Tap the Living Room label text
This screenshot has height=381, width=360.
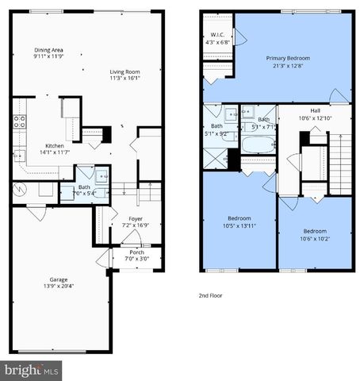pyautogui.click(x=124, y=75)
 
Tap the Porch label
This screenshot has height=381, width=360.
pyautogui.click(x=136, y=254)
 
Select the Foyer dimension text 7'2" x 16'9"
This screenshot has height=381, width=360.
pyautogui.click(x=135, y=225)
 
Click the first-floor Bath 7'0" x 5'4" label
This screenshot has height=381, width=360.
pyautogui.click(x=84, y=190)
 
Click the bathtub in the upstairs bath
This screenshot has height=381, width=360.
pyautogui.click(x=255, y=145)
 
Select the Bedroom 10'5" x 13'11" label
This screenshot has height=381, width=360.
pyautogui.click(x=239, y=222)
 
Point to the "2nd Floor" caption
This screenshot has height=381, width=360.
pyautogui.click(x=212, y=294)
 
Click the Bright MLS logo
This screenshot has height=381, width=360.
pyautogui.click(x=32, y=370)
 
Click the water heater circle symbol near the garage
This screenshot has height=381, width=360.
pyautogui.click(x=21, y=190)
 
